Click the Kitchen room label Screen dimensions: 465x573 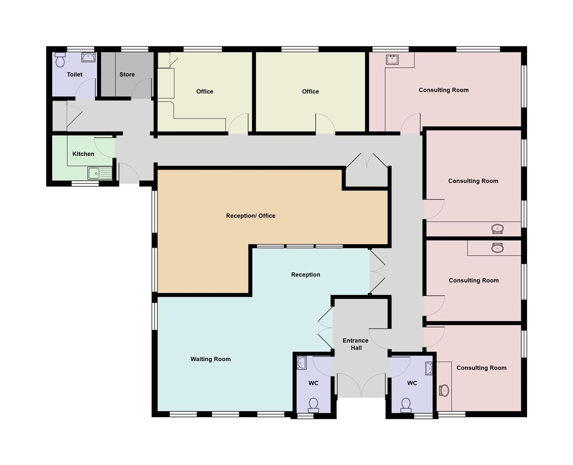[x=83, y=154]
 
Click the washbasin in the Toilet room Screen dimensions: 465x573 [x=88, y=58]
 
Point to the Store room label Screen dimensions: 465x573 [x=127, y=74]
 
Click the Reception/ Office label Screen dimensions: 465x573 [x=251, y=216]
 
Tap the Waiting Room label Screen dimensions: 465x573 [x=211, y=359]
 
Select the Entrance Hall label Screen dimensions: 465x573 [x=356, y=344]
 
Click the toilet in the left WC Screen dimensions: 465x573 [x=313, y=405]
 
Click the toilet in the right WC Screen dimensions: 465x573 [x=406, y=405]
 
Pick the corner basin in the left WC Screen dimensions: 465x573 [x=301, y=363]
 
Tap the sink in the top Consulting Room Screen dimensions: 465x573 [x=392, y=59]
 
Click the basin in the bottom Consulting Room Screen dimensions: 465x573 [x=444, y=391]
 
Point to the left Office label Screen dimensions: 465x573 [x=204, y=91]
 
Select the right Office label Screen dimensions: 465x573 [x=310, y=91]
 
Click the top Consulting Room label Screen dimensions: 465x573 [x=443, y=90]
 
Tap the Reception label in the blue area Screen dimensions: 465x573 [x=306, y=275]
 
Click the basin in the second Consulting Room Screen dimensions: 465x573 [x=497, y=229]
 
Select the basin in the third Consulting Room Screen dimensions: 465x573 [x=497, y=248]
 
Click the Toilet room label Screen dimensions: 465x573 [x=74, y=74]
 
